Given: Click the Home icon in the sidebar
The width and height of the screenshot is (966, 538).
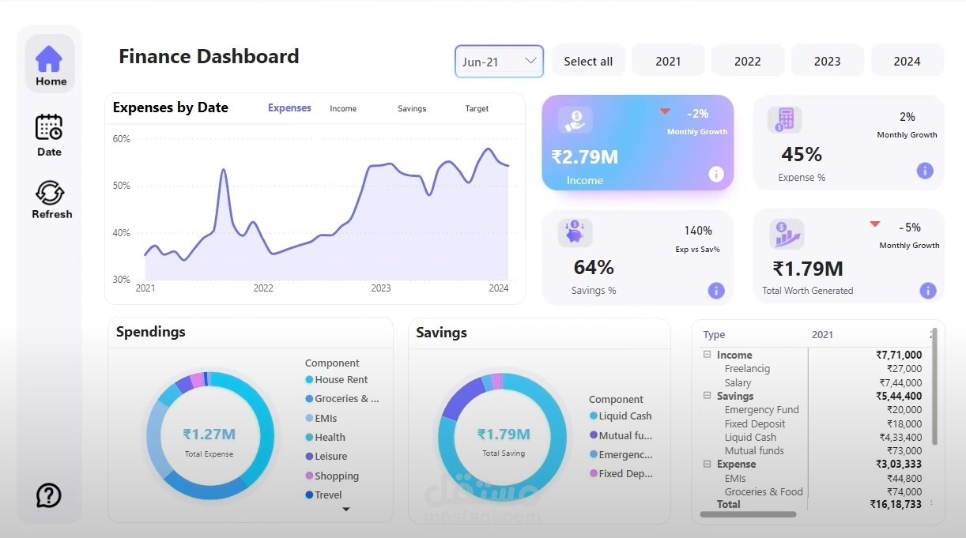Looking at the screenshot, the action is (49, 58).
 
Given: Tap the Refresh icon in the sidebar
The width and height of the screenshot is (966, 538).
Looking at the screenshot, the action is (50, 192).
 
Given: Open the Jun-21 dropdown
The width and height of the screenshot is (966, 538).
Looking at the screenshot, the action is (499, 61).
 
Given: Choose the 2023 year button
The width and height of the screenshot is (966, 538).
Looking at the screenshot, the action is (827, 61).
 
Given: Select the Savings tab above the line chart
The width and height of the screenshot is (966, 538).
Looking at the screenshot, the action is (412, 109).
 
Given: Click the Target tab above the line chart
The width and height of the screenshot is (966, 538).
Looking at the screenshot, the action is (477, 109).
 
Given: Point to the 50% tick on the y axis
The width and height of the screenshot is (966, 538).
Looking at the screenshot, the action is (121, 186).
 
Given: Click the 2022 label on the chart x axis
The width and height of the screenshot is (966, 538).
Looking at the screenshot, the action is (263, 288).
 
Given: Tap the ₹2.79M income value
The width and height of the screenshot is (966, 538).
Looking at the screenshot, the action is (585, 157).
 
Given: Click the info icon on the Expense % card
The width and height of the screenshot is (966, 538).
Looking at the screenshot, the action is (925, 171).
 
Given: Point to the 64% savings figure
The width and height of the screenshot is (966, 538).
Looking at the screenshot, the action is (594, 267).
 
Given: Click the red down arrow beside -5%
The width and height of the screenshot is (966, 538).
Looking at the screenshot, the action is (874, 224).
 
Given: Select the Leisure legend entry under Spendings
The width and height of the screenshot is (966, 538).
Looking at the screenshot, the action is (326, 456).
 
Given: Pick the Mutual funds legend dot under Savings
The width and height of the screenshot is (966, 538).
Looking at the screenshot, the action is (594, 435).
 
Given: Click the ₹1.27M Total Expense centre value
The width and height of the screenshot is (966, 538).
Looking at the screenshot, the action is (209, 434).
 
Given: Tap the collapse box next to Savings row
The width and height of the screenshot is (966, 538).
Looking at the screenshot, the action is (707, 395).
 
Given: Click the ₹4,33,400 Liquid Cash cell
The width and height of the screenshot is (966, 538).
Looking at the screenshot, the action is (900, 437).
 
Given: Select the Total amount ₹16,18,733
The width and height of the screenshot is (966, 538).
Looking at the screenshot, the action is (896, 504).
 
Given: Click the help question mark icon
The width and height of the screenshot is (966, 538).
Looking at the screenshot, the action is (48, 495).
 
